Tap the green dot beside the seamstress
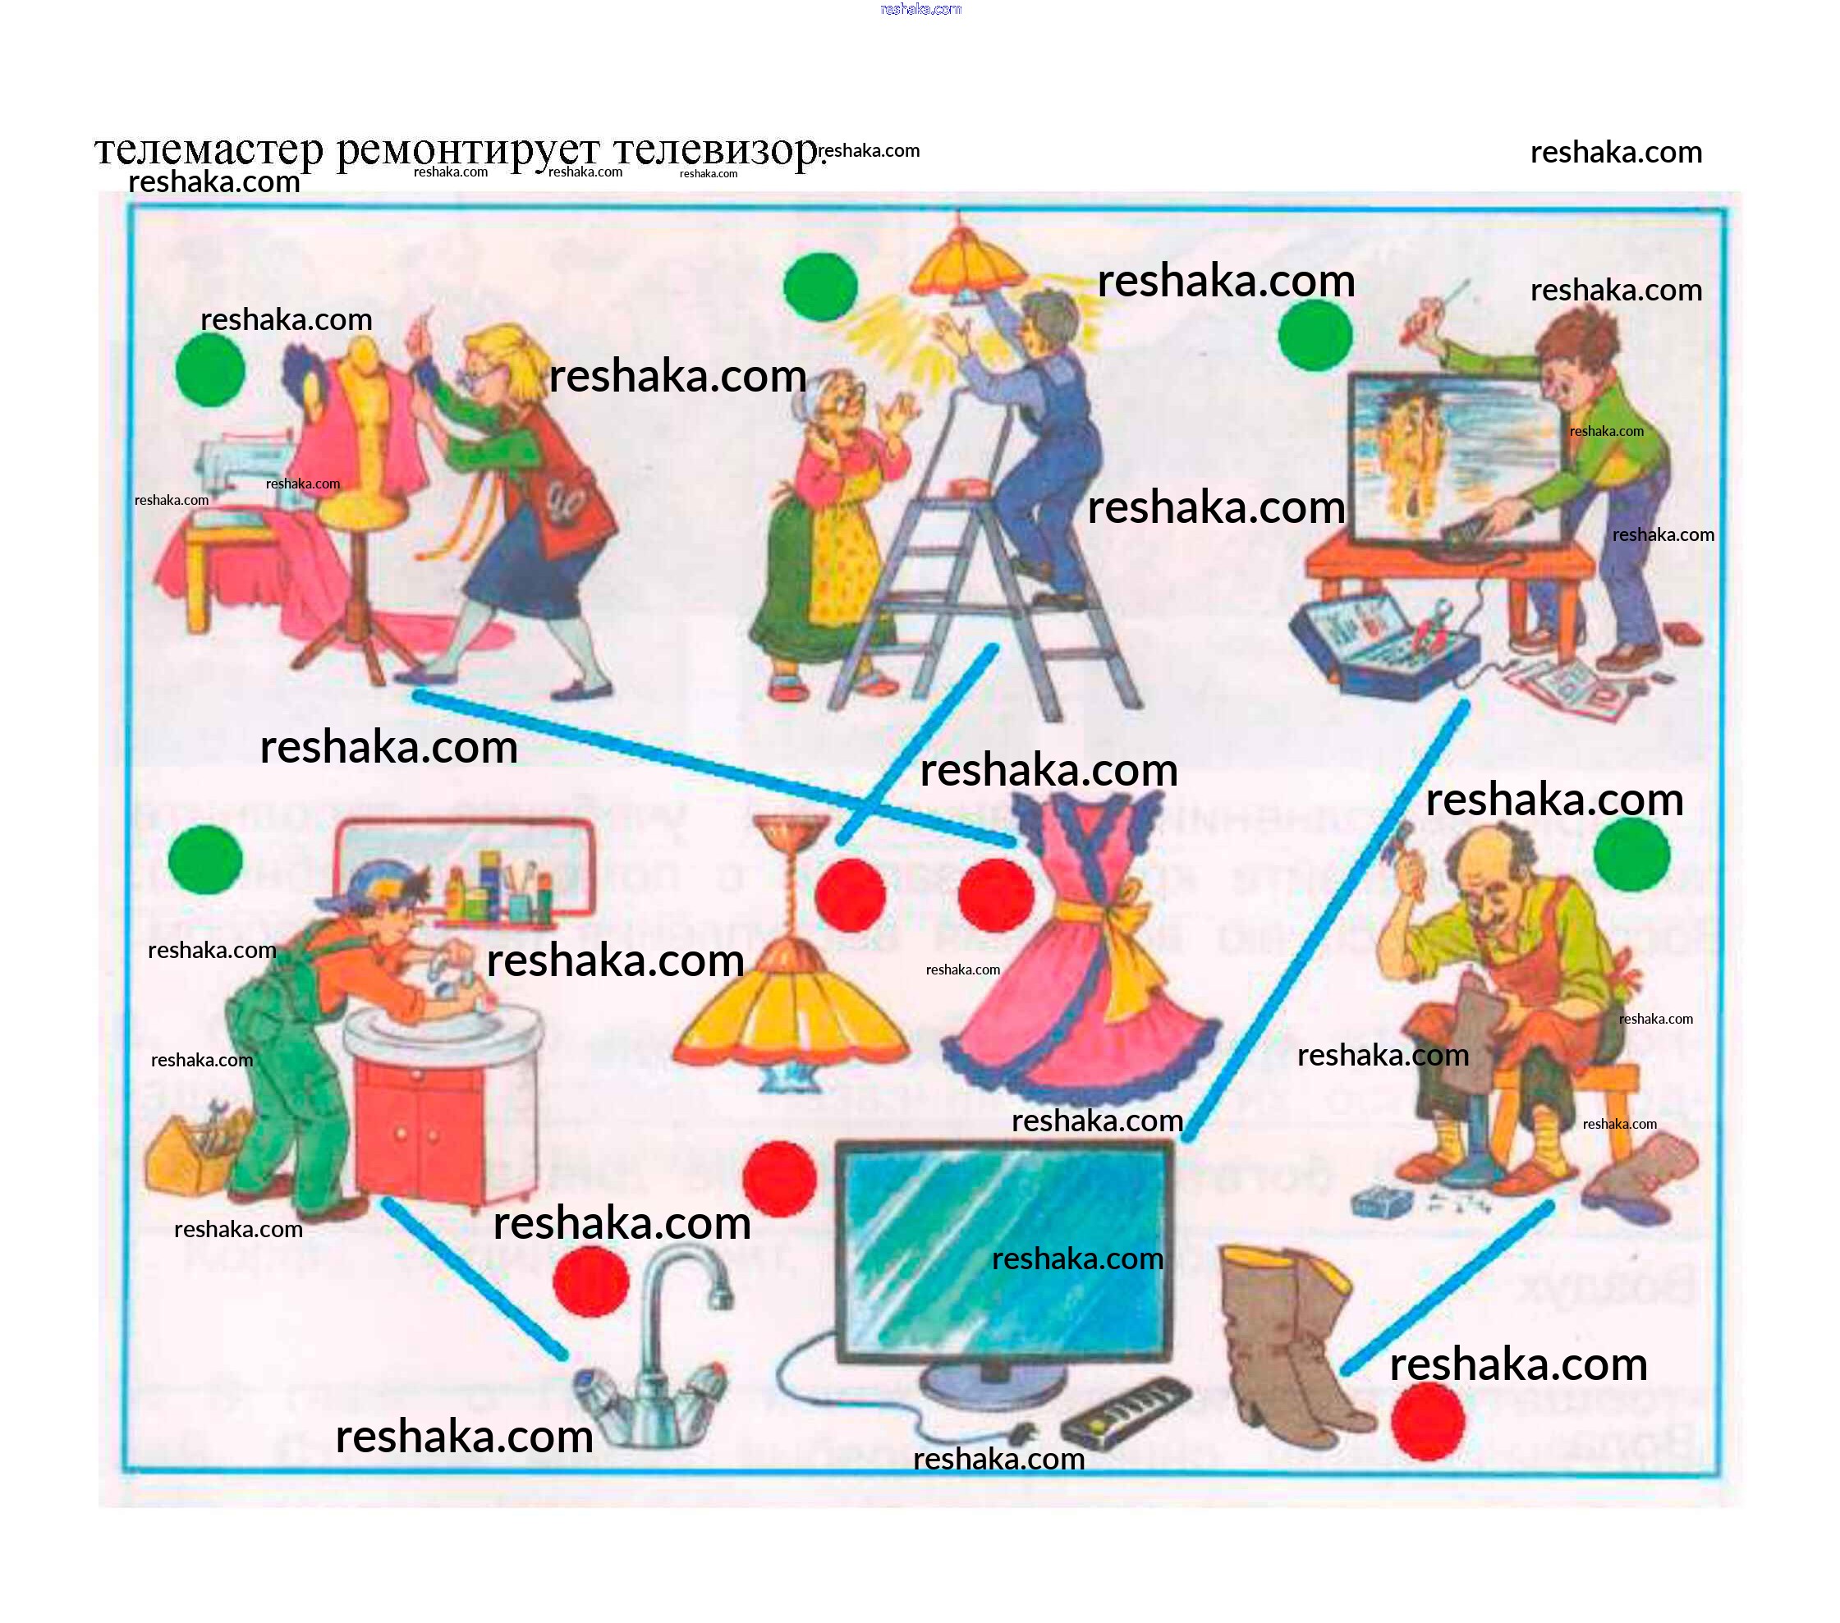coord(209,370)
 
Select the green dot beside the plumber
coord(205,859)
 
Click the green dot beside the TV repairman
coord(1315,335)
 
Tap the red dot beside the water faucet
coord(590,1280)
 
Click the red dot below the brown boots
coord(1428,1421)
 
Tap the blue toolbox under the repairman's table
coord(1382,648)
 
